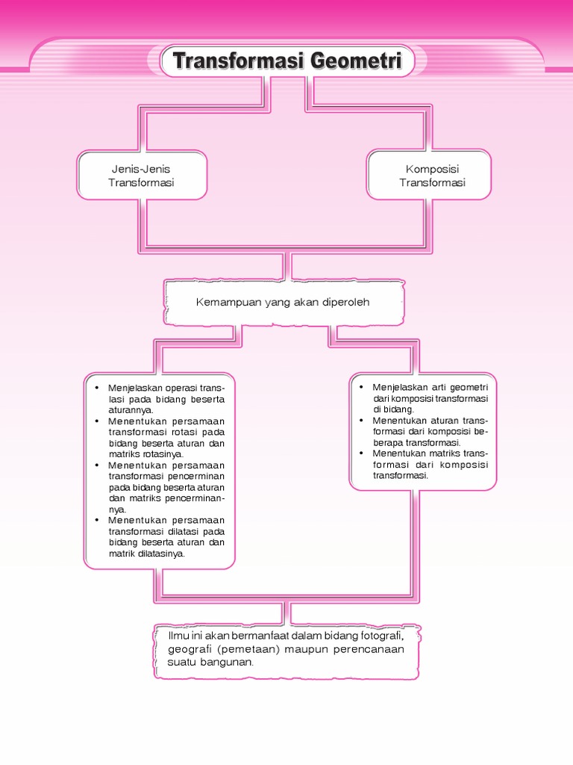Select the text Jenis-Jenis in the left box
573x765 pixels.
click(141, 169)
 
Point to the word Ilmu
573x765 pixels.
click(179, 636)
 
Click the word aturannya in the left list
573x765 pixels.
click(130, 410)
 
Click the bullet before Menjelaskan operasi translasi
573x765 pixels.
click(97, 388)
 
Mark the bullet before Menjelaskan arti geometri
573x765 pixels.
click(361, 387)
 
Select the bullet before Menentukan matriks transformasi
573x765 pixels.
click(361, 453)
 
